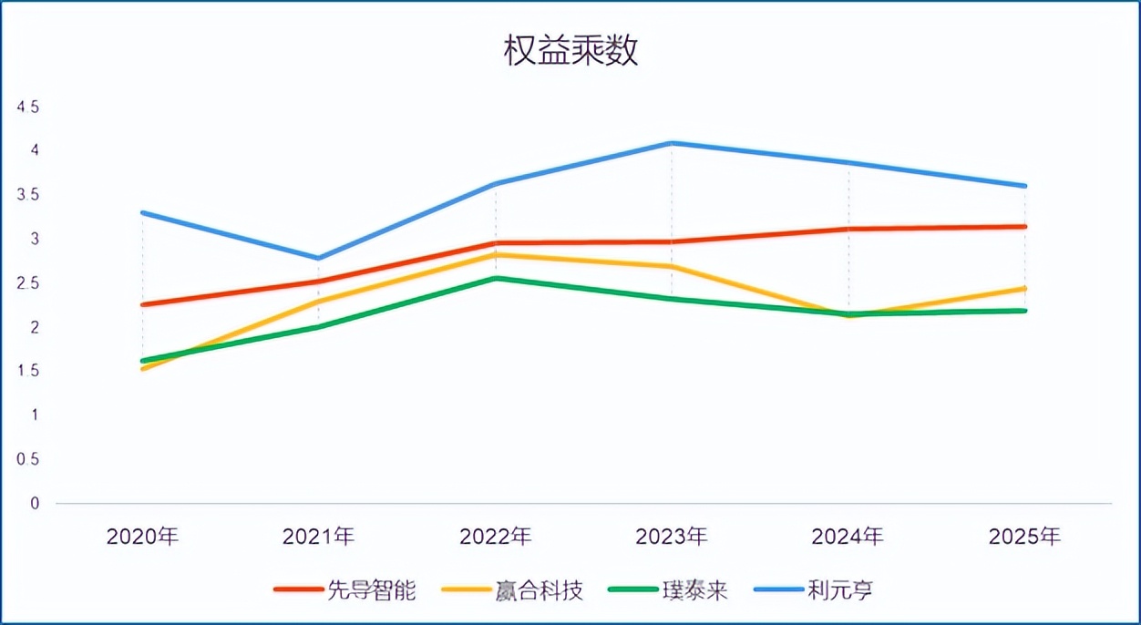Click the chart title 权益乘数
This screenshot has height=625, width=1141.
point(570,52)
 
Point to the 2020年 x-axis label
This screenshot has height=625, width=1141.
point(142,536)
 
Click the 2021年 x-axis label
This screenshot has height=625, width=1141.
point(318,536)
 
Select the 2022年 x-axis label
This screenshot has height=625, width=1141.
point(495,536)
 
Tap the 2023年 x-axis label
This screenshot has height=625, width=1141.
point(672,536)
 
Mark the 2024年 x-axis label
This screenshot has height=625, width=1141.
point(848,536)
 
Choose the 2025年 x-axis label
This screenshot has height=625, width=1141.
point(1024,536)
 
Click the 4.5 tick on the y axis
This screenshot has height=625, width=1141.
point(28,108)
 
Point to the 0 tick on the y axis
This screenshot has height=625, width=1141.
point(35,503)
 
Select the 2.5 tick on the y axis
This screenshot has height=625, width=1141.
point(28,283)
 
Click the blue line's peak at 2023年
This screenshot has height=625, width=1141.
point(672,143)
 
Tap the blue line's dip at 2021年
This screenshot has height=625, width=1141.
point(318,258)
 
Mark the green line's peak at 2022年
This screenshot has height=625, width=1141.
point(495,278)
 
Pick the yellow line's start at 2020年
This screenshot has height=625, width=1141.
point(143,369)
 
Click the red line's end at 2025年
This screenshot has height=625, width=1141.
point(1024,227)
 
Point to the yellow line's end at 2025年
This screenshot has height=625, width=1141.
point(1024,289)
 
